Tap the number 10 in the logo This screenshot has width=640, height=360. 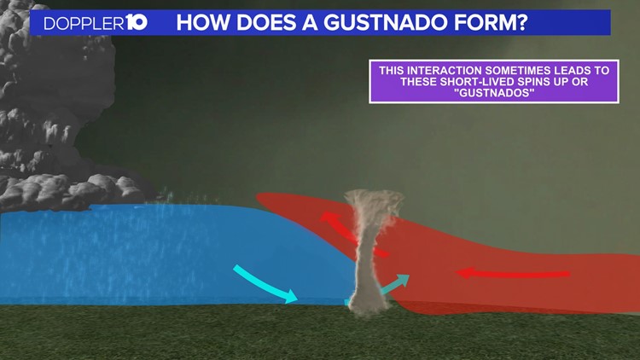(x=136, y=22)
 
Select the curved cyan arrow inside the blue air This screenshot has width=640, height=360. (x=265, y=284)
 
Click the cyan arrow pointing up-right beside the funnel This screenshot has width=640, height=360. (x=394, y=285)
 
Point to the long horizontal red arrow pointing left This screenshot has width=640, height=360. (x=512, y=274)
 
